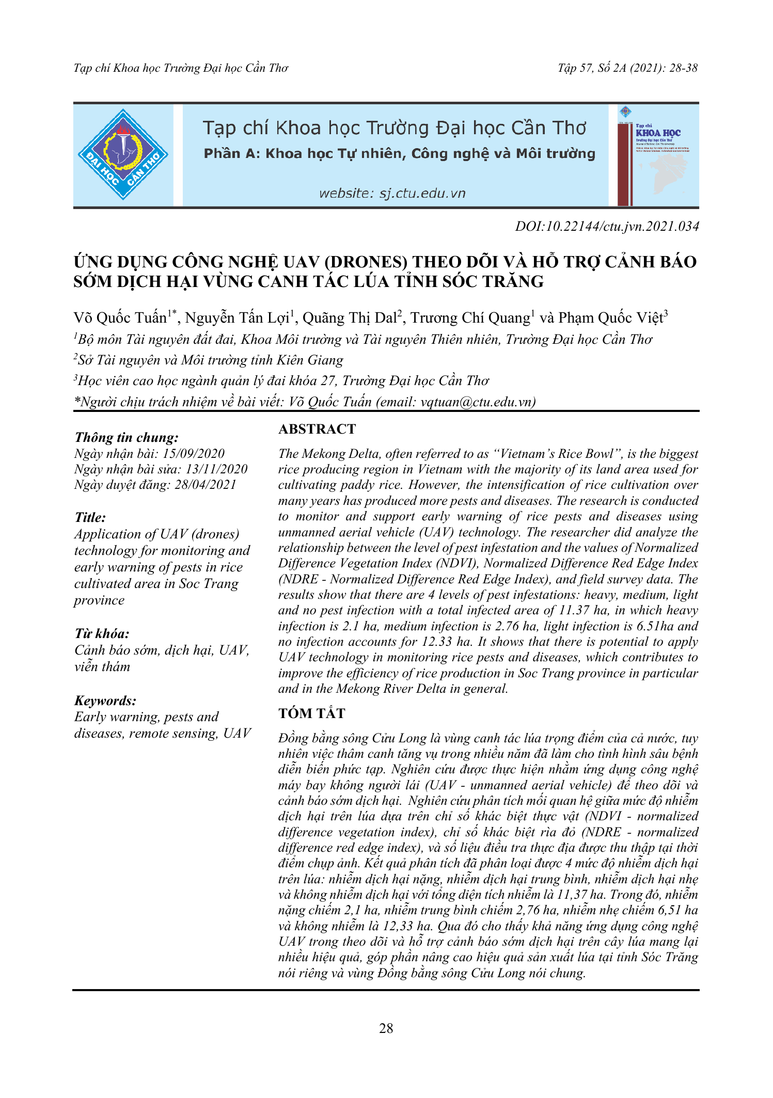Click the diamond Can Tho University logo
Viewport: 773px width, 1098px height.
(123, 154)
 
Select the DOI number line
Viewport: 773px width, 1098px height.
(607, 226)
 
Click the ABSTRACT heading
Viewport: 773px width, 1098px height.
(317, 429)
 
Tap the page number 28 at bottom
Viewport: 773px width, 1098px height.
(386, 1028)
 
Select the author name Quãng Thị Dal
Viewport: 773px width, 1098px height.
(349, 318)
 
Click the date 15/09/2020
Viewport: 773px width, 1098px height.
(194, 454)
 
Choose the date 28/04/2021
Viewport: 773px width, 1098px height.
(206, 485)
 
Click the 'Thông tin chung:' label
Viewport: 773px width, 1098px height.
(127, 437)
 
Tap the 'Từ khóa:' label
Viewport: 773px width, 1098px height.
(102, 633)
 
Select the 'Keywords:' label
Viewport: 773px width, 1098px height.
(105, 701)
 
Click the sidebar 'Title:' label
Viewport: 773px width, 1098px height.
(90, 517)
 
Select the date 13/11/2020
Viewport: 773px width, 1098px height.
(216, 469)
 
